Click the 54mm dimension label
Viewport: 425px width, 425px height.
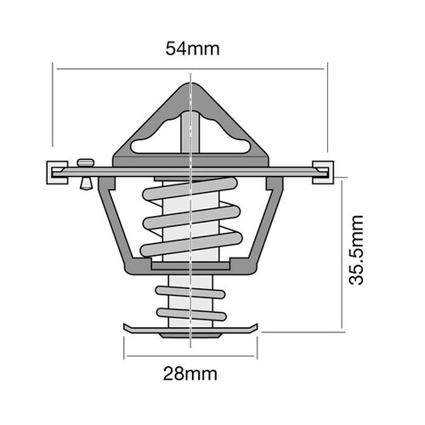click(191, 48)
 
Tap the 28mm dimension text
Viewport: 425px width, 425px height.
click(190, 373)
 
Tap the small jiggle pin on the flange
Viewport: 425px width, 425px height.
click(83, 169)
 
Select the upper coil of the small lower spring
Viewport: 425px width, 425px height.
click(190, 292)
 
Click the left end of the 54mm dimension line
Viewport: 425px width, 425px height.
click(54, 67)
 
